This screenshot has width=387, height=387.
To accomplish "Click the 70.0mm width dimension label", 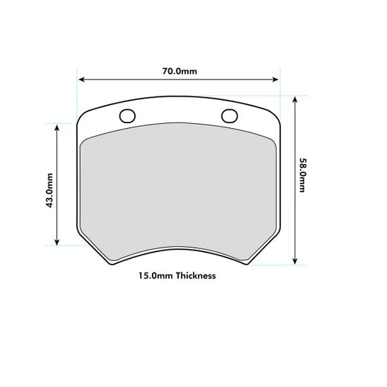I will coord(179,71).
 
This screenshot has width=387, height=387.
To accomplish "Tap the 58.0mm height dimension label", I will coord(303,176).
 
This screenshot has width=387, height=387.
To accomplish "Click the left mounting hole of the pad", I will coord(127,116).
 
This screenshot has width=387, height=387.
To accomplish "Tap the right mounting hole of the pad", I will coord(229,116).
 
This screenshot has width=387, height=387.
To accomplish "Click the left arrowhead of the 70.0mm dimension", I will coord(80,80).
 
